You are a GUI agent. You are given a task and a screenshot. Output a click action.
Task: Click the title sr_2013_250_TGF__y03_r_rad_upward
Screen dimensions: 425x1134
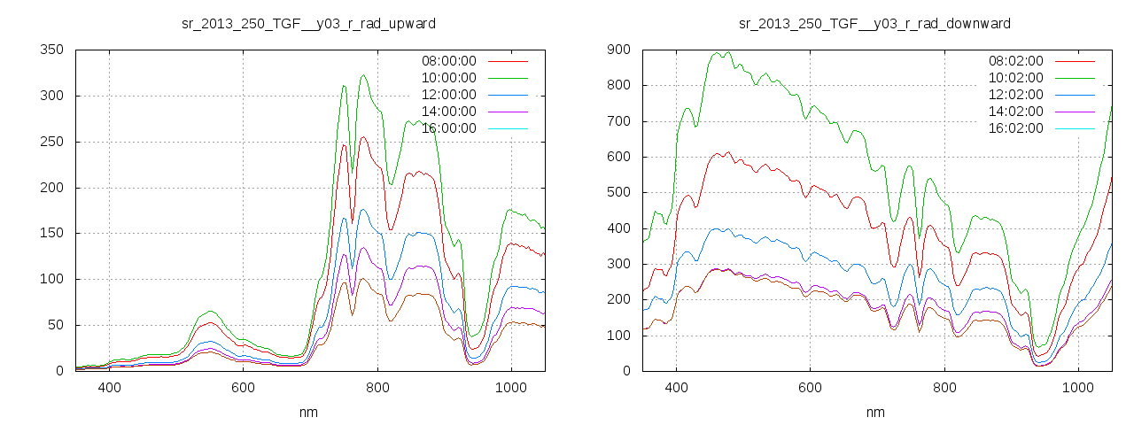308,23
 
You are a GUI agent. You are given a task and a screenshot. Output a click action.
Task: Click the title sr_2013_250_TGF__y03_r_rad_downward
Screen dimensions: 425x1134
875,23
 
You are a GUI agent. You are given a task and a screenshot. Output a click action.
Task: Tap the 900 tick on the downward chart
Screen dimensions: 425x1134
617,50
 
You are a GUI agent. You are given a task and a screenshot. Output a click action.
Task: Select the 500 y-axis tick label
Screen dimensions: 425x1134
617,192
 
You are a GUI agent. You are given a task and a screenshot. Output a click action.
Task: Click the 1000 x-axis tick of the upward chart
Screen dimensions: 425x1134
510,387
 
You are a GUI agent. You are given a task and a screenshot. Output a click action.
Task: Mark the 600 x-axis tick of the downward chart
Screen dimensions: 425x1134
810,387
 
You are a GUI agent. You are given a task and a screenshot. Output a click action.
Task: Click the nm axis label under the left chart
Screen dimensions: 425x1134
308,412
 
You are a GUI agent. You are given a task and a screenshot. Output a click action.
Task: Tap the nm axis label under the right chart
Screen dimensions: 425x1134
875,412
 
